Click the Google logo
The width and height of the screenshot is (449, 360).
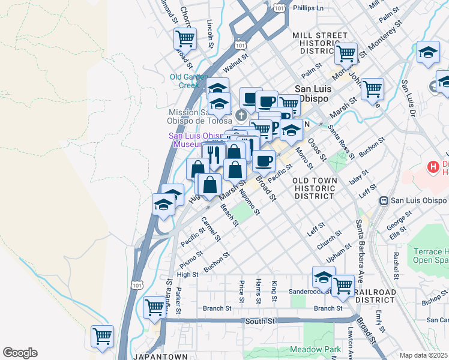click(x=20, y=353)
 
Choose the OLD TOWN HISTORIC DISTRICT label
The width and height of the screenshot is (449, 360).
click(x=313, y=188)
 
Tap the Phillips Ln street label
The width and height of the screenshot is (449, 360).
click(x=309, y=8)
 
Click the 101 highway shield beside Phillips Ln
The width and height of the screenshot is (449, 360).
click(x=279, y=9)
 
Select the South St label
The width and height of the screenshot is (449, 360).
click(x=260, y=322)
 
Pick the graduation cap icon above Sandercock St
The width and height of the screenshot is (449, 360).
click(x=324, y=278)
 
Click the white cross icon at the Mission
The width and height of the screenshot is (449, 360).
click(x=241, y=115)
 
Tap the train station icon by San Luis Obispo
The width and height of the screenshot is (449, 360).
click(x=384, y=200)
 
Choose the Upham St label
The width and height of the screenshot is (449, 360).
click(x=339, y=253)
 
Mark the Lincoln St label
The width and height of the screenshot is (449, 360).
click(x=210, y=33)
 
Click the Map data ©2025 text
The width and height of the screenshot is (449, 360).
click(x=423, y=355)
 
